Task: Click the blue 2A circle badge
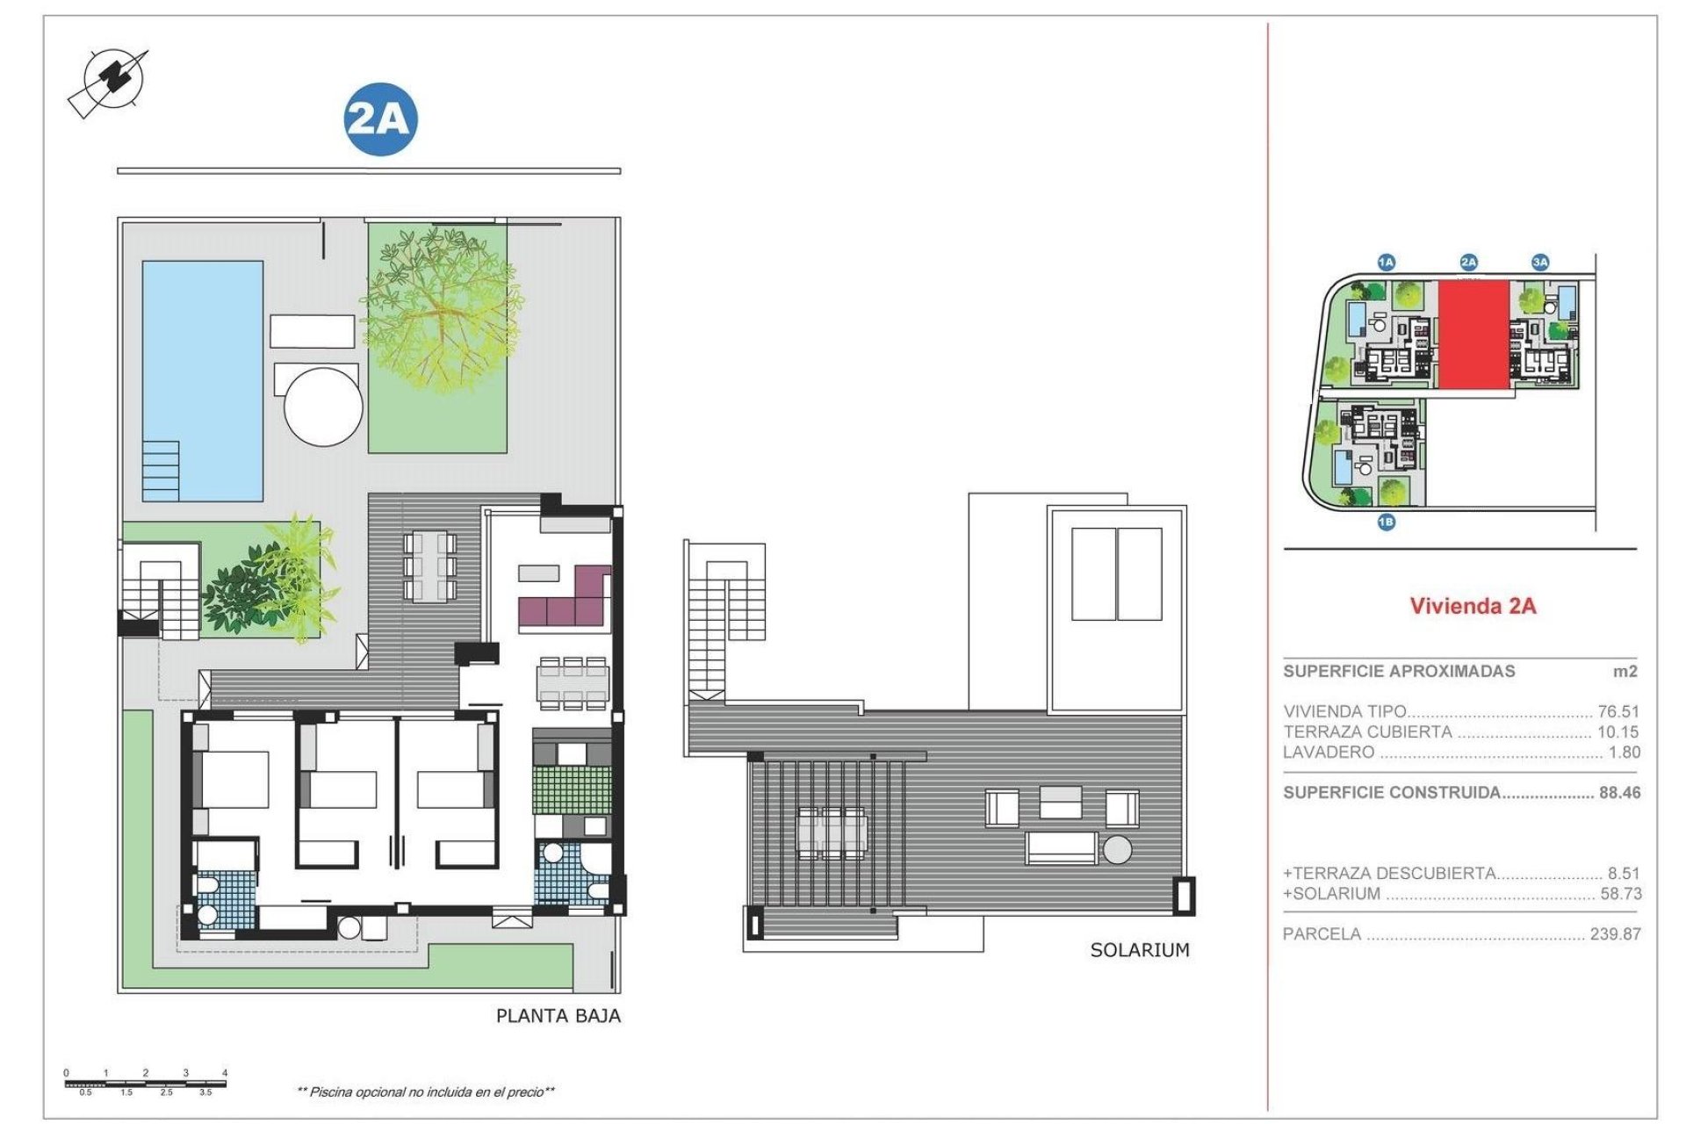[x=379, y=119]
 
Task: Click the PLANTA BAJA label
[x=558, y=1016]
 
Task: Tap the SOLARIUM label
[x=1139, y=950]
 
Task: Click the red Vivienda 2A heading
[x=1473, y=606]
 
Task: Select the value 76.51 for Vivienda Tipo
[x=1618, y=711]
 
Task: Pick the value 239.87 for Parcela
[x=1615, y=934]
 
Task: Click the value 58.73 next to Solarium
[x=1618, y=894]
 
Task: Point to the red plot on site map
[x=1473, y=335]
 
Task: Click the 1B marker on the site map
[x=1386, y=522]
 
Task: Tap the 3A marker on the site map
[x=1540, y=262]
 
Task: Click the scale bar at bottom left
[x=146, y=1083]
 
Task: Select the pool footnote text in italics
[x=426, y=1092]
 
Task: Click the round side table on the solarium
[x=1118, y=850]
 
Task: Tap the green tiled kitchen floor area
[x=571, y=789]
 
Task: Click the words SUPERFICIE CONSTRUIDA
[x=1392, y=792]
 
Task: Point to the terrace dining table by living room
[x=429, y=566]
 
